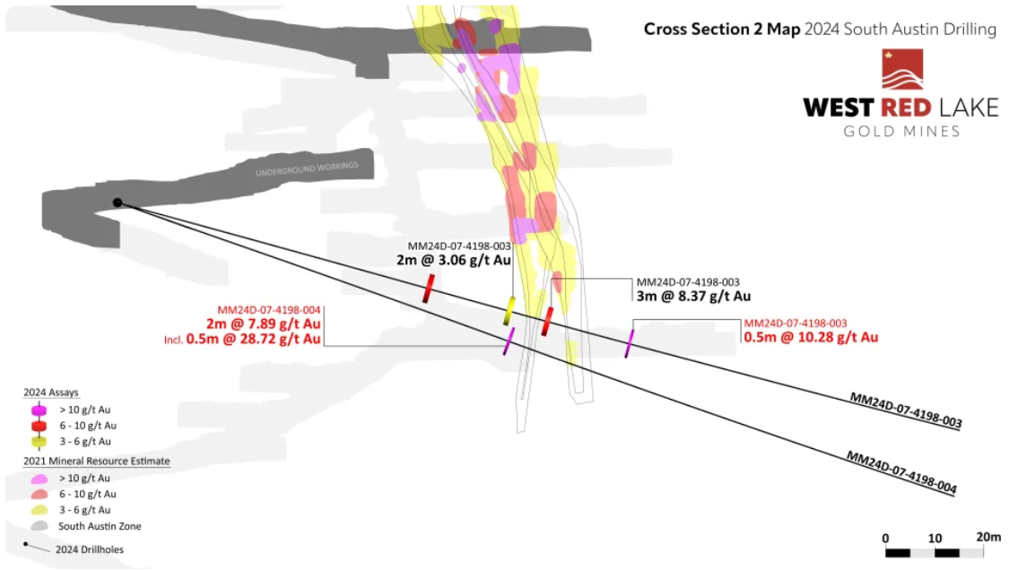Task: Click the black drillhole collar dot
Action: click(117, 203)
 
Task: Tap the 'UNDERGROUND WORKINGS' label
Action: click(307, 168)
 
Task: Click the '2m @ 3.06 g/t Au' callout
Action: click(454, 260)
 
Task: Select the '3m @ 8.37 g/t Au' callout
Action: click(693, 297)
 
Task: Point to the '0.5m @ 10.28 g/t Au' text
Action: click(811, 337)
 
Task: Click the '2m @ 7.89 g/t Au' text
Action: click(264, 324)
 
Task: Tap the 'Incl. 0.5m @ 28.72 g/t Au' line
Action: click(242, 339)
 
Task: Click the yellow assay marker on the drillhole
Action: click(509, 311)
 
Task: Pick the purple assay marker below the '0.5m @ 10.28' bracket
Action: click(629, 343)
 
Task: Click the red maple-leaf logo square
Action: click(902, 69)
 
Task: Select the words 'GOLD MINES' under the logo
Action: click(901, 132)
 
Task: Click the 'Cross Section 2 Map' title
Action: click(722, 30)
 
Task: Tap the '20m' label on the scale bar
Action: click(988, 537)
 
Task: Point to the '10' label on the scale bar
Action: click(935, 539)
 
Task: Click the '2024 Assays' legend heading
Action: click(50, 393)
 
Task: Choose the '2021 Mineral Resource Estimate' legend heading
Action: click(97, 461)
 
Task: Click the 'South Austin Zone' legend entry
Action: click(100, 526)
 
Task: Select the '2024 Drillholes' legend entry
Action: click(90, 549)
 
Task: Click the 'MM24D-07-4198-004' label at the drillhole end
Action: click(901, 472)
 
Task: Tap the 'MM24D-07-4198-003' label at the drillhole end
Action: click(906, 410)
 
